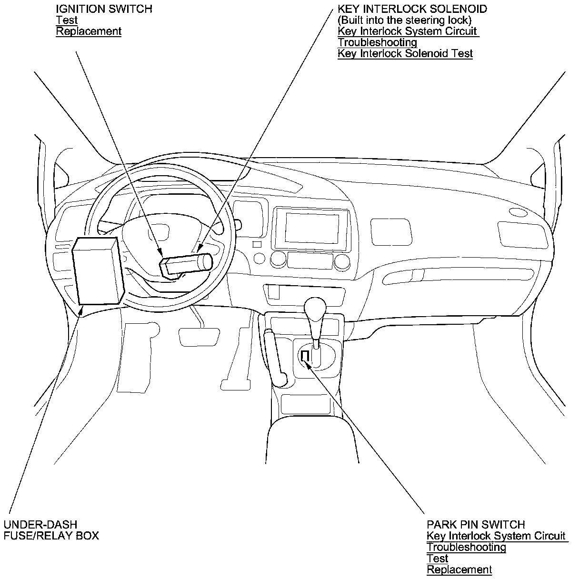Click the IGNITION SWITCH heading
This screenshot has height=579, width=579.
pos(104,9)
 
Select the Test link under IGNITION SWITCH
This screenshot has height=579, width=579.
pos(67,20)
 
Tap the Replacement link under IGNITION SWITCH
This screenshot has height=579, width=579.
pos(89,31)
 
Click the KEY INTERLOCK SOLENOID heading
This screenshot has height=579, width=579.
pos(412,9)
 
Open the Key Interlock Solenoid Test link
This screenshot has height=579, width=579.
pos(405,53)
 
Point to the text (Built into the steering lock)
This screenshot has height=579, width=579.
pos(404,20)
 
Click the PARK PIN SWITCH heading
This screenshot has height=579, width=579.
pos(476,525)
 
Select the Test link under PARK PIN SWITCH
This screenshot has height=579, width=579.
pos(437,558)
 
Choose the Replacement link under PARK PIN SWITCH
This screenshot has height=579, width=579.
pos(459,569)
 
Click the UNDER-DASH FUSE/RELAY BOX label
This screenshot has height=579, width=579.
pos(51,530)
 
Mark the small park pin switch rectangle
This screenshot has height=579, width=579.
pos(305,356)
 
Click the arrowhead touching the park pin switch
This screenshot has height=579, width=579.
pos(308,365)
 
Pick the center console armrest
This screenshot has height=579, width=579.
pos(312,443)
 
